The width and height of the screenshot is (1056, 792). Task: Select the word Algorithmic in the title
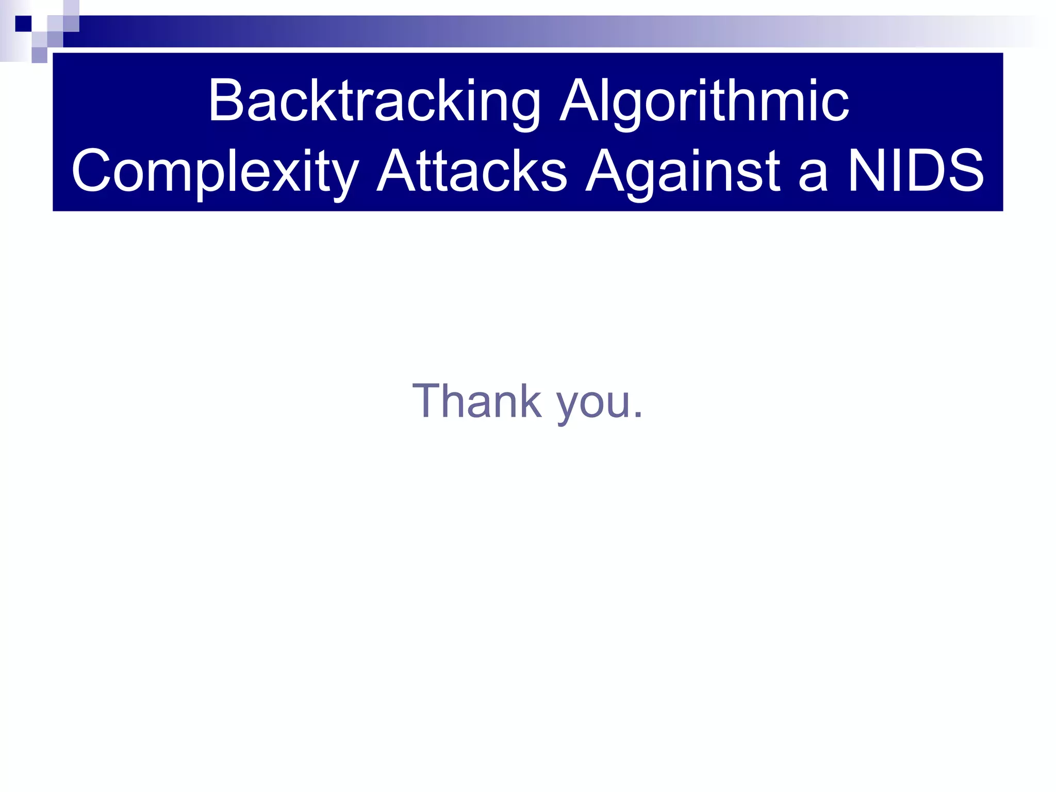click(704, 101)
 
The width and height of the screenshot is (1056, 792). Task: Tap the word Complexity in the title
click(215, 171)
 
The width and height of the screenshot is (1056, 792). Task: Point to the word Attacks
click(472, 171)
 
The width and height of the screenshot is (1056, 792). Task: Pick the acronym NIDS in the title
click(916, 171)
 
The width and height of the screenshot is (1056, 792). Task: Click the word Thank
click(477, 401)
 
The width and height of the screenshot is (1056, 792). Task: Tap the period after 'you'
click(638, 415)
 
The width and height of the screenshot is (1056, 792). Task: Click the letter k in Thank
click(530, 401)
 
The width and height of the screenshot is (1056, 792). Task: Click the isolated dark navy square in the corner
click(23, 24)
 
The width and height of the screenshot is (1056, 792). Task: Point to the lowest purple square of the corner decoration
click(39, 55)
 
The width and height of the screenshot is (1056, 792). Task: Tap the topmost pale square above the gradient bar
click(71, 7)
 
